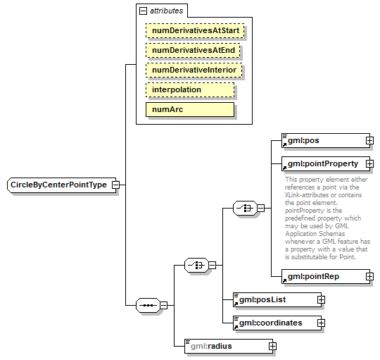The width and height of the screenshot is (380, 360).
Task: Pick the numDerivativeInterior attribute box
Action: (x=194, y=70)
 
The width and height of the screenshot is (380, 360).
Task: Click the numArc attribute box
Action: (x=189, y=110)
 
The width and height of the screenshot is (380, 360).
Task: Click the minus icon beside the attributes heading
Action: (x=144, y=11)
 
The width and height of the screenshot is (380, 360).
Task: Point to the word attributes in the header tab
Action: (x=166, y=11)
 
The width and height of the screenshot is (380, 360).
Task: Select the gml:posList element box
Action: (x=274, y=300)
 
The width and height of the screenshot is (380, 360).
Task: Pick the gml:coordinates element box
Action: (x=274, y=323)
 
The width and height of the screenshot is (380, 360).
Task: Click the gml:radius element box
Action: (x=224, y=346)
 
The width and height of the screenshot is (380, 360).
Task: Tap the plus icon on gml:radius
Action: (x=272, y=346)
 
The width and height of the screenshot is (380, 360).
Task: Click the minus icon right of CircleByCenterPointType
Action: (x=116, y=185)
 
